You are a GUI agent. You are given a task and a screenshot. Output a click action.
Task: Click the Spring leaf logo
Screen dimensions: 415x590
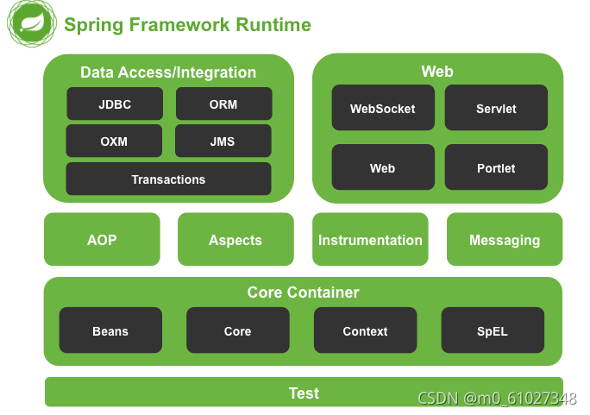click(32, 24)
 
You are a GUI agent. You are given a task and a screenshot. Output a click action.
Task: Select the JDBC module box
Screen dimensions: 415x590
click(115, 104)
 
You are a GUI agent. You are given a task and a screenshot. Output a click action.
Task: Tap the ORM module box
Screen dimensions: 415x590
click(223, 104)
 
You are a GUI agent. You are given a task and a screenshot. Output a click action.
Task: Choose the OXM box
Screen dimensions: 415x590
click(114, 141)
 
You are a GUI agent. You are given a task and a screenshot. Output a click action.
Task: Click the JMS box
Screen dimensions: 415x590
click(223, 141)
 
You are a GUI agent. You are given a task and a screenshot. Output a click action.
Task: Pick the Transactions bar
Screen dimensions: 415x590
click(168, 179)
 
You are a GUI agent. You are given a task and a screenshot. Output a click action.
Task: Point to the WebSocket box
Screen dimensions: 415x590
click(383, 109)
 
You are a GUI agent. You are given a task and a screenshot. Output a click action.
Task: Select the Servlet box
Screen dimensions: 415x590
click(496, 109)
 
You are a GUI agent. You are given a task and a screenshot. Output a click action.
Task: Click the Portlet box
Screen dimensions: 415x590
click(496, 168)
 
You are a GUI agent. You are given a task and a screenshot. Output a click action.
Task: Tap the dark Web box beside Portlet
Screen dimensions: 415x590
click(383, 168)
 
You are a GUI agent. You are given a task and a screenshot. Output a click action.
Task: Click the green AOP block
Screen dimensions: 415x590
click(102, 240)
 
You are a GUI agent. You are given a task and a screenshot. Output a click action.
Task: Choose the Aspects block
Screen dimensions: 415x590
click(235, 240)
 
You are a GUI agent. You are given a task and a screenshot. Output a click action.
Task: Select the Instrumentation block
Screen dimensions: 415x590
click(370, 240)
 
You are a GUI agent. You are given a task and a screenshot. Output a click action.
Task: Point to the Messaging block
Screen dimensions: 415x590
click(505, 240)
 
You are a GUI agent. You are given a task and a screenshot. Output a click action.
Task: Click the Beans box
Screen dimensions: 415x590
click(110, 331)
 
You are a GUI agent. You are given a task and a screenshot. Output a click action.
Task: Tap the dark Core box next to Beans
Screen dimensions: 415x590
click(237, 331)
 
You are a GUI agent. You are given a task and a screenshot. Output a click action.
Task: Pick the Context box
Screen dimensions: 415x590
click(365, 331)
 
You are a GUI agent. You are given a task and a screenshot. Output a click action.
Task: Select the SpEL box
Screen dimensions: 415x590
click(493, 331)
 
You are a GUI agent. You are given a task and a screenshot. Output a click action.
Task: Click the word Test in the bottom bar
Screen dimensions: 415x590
click(304, 393)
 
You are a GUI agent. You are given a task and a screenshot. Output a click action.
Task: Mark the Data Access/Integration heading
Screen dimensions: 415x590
click(168, 72)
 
